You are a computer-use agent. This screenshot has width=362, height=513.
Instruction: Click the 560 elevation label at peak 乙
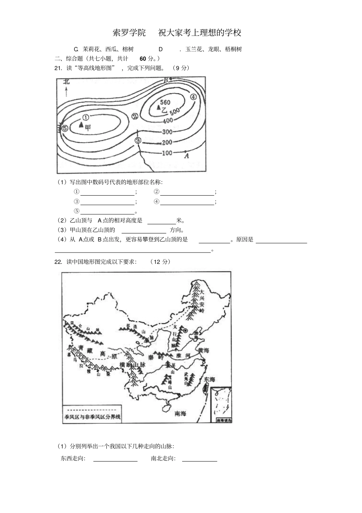coord(165,102)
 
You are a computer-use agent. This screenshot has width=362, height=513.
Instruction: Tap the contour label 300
coord(167,132)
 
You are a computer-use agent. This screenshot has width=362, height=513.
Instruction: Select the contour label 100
coord(167,153)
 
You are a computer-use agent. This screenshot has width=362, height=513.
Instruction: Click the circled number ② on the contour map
coord(135,117)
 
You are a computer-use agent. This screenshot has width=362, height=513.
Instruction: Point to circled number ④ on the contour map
coord(193,97)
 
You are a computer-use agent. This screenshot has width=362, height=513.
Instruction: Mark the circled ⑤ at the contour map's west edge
coord(65,129)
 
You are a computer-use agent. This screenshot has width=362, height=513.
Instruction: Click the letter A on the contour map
coord(186,156)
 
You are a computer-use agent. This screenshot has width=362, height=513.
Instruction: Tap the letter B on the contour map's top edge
coord(166,80)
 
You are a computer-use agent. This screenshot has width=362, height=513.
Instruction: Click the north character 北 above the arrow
coord(66,81)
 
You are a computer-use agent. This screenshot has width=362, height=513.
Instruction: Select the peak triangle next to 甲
coord(81,124)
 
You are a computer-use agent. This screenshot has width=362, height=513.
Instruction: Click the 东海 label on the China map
coord(209,380)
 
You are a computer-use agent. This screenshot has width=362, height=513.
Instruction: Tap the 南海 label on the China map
coord(180,413)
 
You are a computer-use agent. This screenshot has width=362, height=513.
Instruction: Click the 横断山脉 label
coord(133,365)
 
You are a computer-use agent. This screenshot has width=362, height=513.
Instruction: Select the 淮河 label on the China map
coord(183,355)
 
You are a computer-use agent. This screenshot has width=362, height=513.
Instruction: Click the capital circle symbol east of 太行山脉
coord(186,331)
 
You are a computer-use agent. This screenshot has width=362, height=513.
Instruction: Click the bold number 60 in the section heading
coord(143,58)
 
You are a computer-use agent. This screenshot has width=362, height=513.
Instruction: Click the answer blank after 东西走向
coord(115,458)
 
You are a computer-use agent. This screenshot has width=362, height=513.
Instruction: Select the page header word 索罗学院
coord(129,33)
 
